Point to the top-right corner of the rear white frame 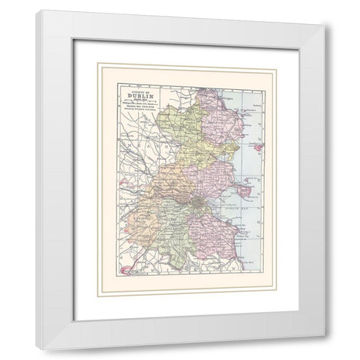click(325, 25)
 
